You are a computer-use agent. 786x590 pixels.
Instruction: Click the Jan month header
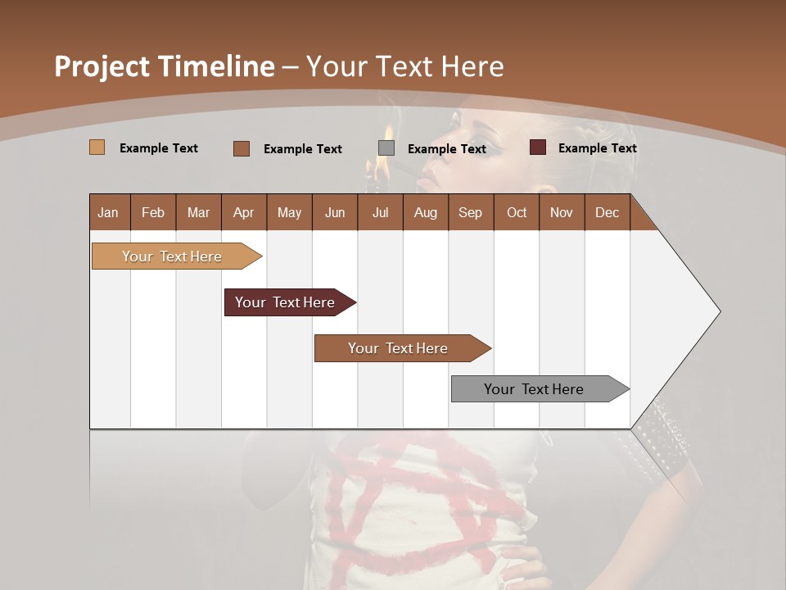(x=108, y=212)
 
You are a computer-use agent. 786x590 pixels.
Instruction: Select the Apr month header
(x=243, y=212)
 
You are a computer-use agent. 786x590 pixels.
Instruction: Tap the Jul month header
(x=380, y=212)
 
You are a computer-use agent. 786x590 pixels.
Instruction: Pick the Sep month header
(x=470, y=212)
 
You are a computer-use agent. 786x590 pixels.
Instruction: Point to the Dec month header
(x=607, y=212)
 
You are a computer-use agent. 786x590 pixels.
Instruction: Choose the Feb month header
(x=153, y=212)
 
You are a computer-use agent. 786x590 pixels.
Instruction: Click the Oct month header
(x=517, y=212)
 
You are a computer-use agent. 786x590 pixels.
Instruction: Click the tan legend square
(x=97, y=147)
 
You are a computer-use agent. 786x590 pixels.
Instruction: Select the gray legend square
(x=386, y=148)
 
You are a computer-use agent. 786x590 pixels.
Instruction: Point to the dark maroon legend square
(x=538, y=147)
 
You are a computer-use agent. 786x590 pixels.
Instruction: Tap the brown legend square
(x=242, y=148)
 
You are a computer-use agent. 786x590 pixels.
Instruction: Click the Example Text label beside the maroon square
(x=597, y=148)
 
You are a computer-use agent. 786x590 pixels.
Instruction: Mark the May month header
(x=289, y=212)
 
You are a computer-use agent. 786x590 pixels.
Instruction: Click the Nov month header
(x=561, y=212)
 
